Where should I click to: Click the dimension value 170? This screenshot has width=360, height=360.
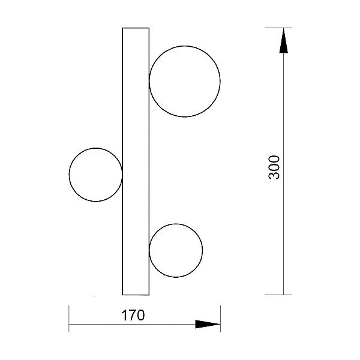pos(133,315)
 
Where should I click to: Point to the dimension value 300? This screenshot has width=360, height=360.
pos(274,167)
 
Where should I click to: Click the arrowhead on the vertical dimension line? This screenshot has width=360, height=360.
pos(284,41)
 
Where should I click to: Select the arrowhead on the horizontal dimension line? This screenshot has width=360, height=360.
pos(208,324)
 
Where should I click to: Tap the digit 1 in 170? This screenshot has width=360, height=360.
pos(124,315)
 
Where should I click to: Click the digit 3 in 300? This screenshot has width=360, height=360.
pos(274,175)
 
